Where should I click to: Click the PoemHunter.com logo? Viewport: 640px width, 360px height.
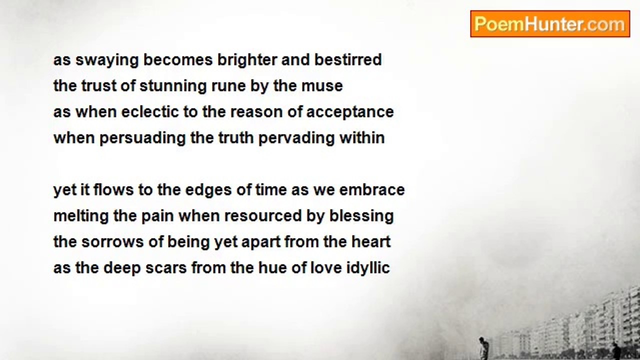tap(549, 24)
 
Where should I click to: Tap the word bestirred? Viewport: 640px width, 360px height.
tap(348, 60)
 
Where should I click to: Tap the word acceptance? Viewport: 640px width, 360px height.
tap(350, 112)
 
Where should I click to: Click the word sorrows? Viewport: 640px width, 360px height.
tap(107, 242)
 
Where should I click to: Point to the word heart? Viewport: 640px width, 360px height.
tap(370, 242)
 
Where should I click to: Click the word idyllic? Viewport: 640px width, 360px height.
tap(368, 268)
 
